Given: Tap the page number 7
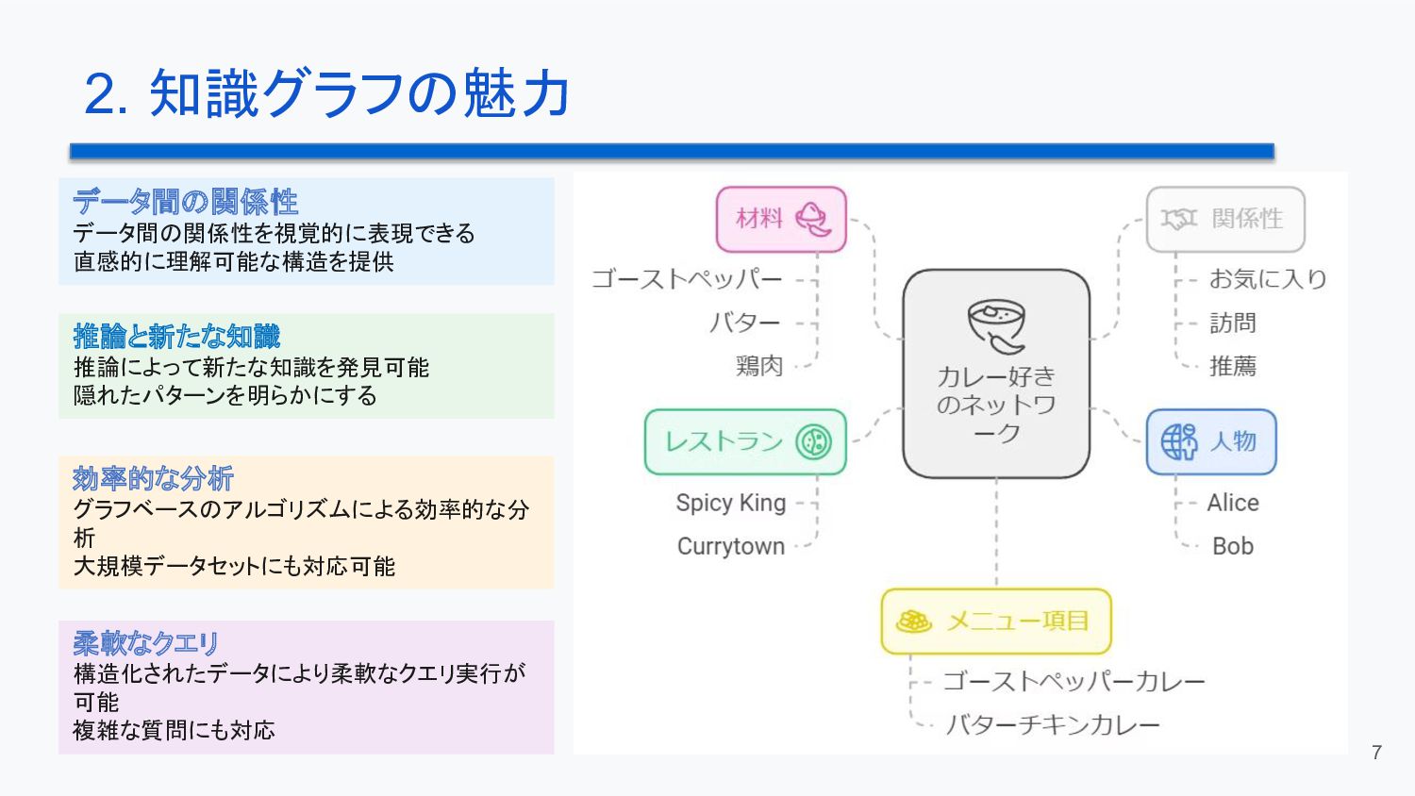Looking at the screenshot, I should pos(1376,752).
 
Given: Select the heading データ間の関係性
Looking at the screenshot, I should pos(185,201).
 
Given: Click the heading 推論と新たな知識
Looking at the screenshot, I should pos(176,336).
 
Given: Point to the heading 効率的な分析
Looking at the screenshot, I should pos(153,478).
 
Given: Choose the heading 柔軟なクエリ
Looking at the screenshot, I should pos(146,643).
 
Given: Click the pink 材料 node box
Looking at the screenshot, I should pos(781,220).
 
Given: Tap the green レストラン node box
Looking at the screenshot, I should pos(745,441).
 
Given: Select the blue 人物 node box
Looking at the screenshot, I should pos(1211,441).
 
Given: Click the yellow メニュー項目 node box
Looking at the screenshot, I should pos(996,622).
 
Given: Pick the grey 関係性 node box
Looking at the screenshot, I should pos(1225,220).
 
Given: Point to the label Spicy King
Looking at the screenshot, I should pos(731,503).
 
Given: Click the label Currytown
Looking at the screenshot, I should pos(731,546).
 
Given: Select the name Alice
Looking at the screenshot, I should pos(1233,503).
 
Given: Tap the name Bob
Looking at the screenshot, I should pos(1233,546).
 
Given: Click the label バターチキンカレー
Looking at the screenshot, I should pos(1053,724).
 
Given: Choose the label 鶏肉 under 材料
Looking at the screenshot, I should pos(759,366).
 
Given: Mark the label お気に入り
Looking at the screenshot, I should pos(1268,279).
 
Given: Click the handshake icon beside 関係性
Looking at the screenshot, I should pos(1179,219).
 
